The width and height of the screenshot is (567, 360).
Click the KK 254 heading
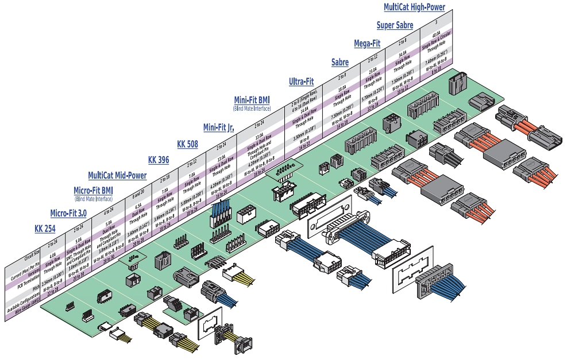[x=46, y=228]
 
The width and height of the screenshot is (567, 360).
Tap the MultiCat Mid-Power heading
[x=117, y=175]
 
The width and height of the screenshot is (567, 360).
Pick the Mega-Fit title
[x=367, y=43]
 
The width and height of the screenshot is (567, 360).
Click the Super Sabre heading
[x=395, y=25]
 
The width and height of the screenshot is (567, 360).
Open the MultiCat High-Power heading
[x=414, y=7]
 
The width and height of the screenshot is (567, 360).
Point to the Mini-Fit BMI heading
[x=252, y=100]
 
